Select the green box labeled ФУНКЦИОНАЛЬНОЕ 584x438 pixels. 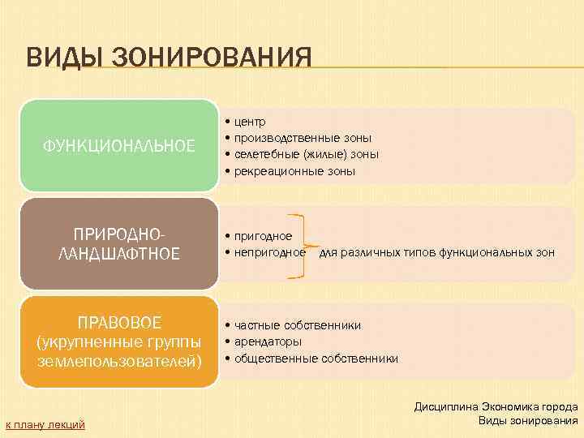tap(118, 146)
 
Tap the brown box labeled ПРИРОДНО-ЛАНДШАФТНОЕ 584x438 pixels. tap(118, 243)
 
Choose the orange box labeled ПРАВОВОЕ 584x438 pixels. tap(118, 341)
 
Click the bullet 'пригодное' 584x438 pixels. tap(263, 236)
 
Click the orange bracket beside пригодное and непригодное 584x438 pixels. tap(301, 247)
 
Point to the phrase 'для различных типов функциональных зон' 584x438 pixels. tap(437, 253)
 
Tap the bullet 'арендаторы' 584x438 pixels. tap(268, 341)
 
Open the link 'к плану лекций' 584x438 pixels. tap(45, 424)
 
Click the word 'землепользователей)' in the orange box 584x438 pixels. tap(118, 359)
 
